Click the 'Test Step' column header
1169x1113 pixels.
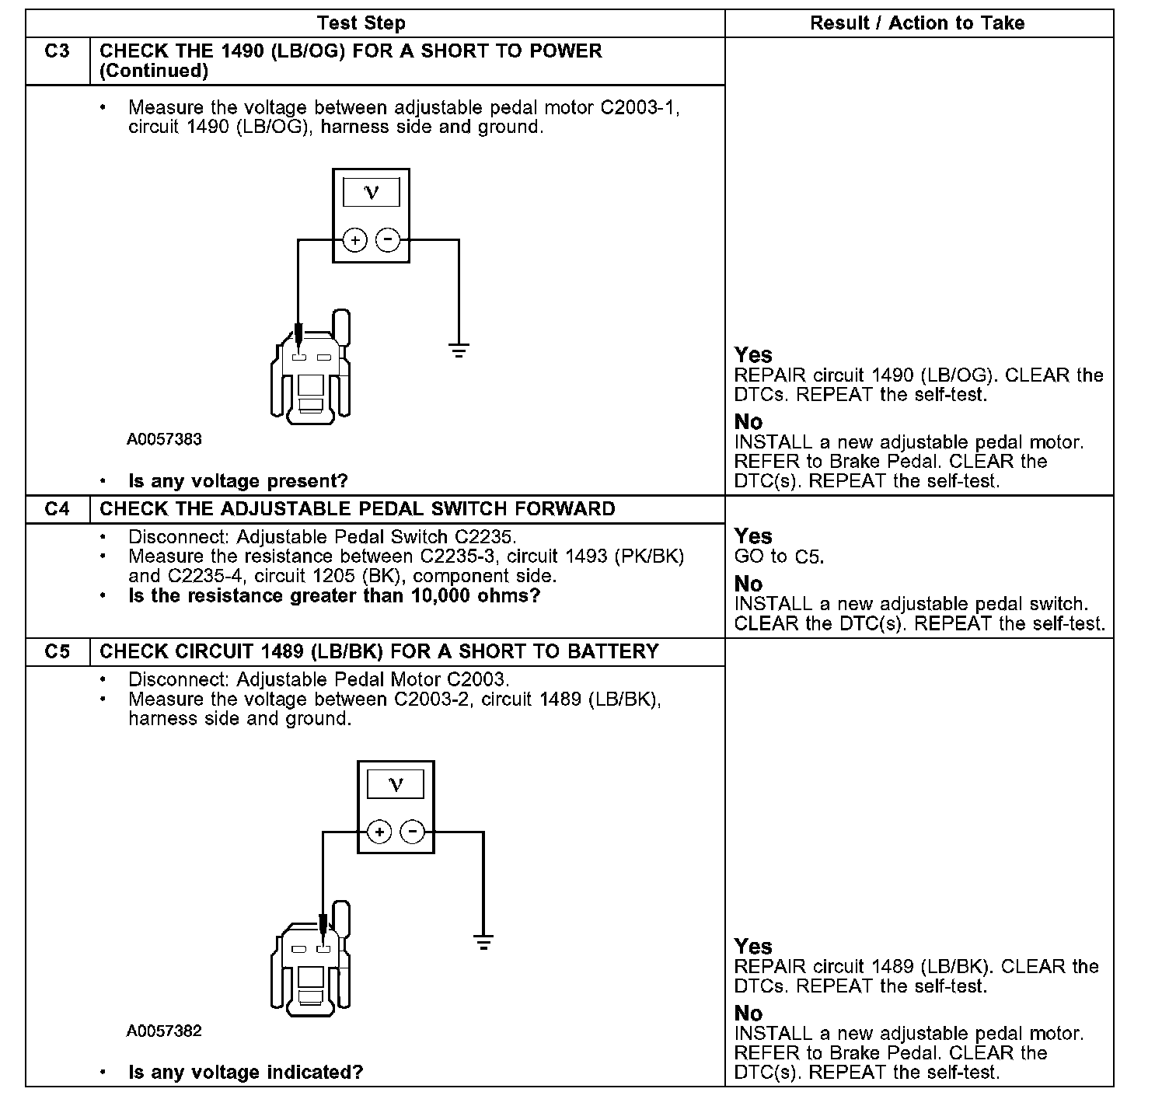point(361,23)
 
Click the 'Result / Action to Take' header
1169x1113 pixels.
point(917,23)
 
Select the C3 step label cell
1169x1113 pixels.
point(58,51)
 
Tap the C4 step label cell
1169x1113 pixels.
point(58,509)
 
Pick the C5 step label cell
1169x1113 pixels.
point(58,651)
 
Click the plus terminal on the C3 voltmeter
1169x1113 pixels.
point(355,240)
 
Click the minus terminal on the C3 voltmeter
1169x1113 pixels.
point(388,240)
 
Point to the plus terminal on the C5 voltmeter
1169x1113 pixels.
point(379,832)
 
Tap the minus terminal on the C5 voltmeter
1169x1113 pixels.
point(412,832)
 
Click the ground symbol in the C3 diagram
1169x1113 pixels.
point(459,351)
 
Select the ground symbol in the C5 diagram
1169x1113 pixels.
point(483,943)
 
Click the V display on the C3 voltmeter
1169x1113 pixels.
point(372,192)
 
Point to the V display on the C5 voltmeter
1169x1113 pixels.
point(396,784)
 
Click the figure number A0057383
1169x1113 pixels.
point(165,439)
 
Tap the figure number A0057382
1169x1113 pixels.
point(165,1031)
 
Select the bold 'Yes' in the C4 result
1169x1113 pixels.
point(753,536)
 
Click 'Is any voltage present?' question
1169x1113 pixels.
point(238,481)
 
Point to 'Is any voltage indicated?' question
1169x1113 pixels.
point(246,1073)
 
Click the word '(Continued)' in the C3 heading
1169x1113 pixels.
point(154,71)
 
